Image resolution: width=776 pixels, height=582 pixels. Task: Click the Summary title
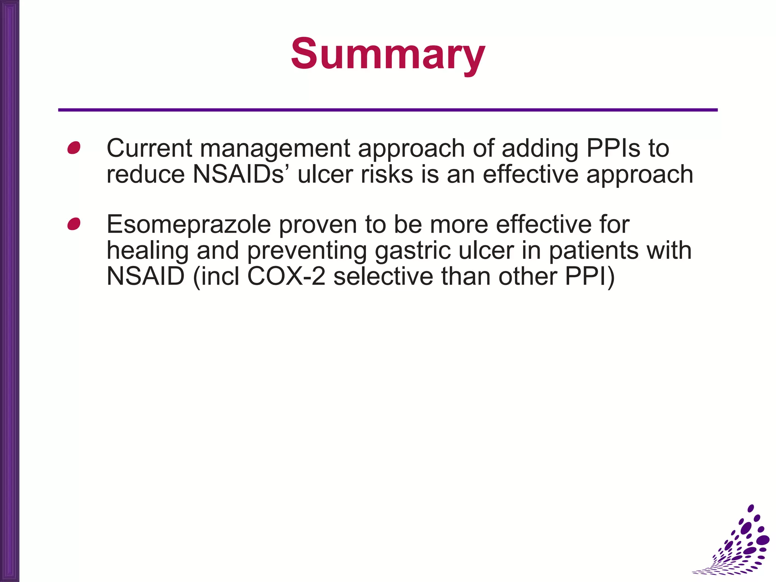pos(388,54)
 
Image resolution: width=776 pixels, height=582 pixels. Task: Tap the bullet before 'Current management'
pos(74,148)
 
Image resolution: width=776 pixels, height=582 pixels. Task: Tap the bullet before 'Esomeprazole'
pos(74,224)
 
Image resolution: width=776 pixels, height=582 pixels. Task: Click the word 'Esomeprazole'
pos(189,225)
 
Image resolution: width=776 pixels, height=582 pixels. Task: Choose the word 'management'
pos(275,149)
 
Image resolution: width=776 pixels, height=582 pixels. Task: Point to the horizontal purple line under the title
pos(388,110)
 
